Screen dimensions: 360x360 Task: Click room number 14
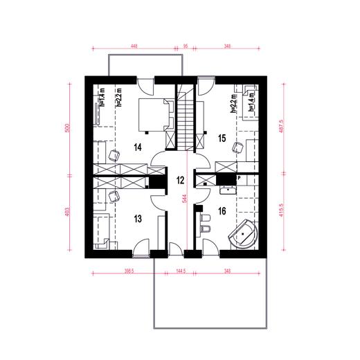137,147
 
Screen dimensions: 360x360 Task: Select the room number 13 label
137,219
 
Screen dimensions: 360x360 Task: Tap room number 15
222,138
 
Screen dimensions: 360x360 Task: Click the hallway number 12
180,181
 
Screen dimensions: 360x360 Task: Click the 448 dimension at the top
134,46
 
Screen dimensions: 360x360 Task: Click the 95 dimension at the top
186,46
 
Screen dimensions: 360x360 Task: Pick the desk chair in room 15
237,147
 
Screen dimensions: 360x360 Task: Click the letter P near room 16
238,178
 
